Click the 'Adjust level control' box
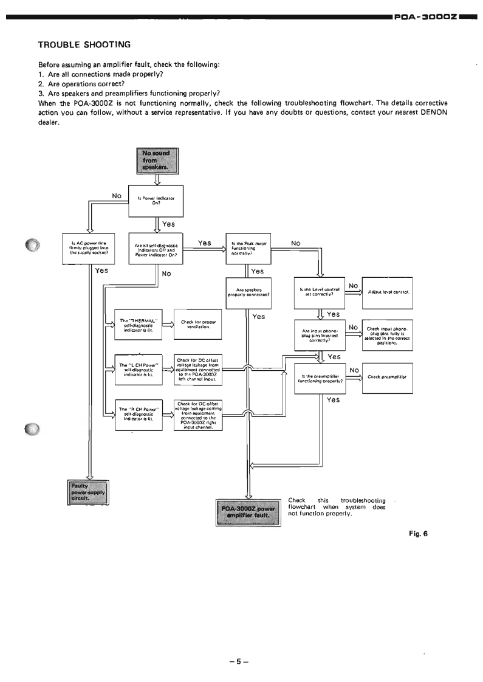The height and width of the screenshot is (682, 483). (x=388, y=293)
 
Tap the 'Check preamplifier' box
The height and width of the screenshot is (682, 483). (x=388, y=377)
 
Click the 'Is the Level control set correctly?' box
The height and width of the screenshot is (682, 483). (x=318, y=292)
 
